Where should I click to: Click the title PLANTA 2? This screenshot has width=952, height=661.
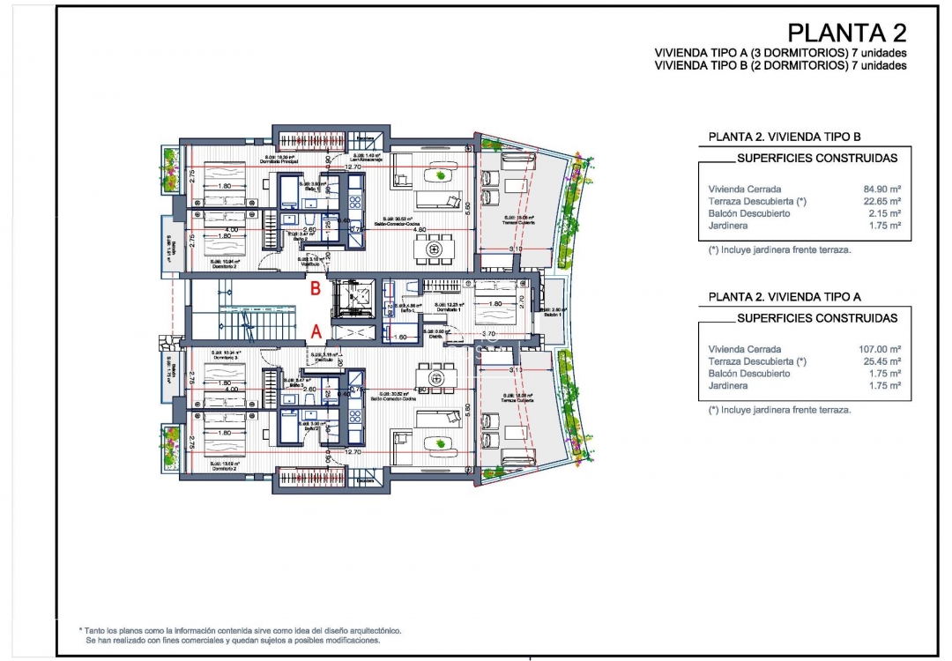click(x=846, y=33)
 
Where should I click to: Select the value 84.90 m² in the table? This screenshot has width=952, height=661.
click(x=882, y=189)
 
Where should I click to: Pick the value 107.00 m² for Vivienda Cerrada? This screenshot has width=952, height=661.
click(x=880, y=349)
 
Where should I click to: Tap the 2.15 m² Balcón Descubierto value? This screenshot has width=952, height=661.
click(x=885, y=213)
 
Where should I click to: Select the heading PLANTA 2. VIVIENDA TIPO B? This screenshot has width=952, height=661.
click(x=784, y=137)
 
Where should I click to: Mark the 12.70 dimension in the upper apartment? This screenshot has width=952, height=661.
click(x=353, y=167)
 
